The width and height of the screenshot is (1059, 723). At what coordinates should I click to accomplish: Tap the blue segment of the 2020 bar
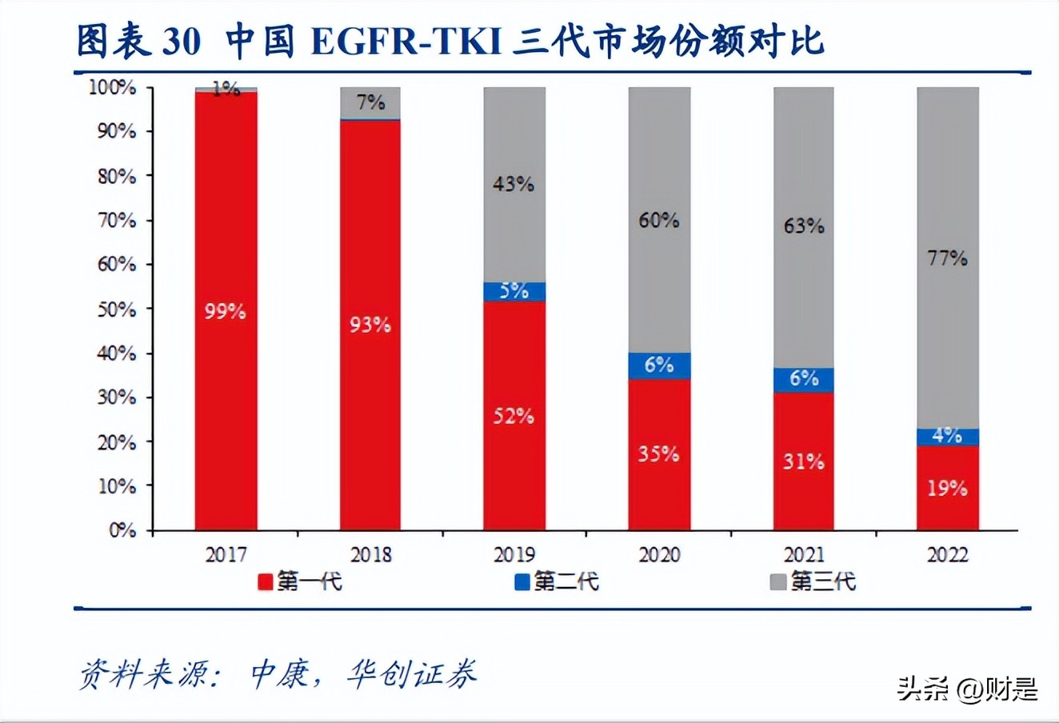[x=659, y=365]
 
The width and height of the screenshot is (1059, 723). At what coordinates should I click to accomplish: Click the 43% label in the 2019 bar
[x=513, y=184]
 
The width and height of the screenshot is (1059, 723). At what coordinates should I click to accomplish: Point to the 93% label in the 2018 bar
[x=370, y=325]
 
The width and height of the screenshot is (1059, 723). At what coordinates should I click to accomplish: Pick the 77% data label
[x=948, y=258]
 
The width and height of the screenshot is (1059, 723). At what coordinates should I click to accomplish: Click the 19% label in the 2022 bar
[x=948, y=487]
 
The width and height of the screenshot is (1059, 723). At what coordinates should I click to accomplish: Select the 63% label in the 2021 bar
[x=803, y=226]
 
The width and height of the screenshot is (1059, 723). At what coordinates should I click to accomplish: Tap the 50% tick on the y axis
[x=117, y=309]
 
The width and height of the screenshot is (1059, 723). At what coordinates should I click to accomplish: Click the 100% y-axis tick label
[x=112, y=86]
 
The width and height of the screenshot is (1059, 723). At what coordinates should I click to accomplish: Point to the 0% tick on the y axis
[x=122, y=529]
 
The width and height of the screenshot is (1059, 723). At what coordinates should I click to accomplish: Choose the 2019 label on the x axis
[x=514, y=554]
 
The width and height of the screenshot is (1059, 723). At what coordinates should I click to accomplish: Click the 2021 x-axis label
[x=803, y=554]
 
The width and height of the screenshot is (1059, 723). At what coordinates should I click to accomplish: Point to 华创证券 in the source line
[x=411, y=674]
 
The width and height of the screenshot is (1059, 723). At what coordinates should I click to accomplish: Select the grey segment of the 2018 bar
[x=370, y=102]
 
